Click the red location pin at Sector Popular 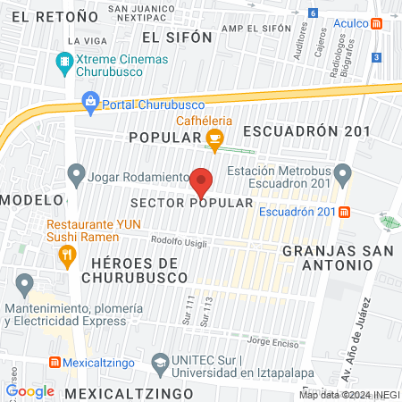pos(202,182)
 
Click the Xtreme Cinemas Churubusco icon pos(63,63)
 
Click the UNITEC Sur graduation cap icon pos(160,363)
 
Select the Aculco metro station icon pos(378,25)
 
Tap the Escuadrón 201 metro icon pos(344,212)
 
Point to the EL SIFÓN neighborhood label pos(177,38)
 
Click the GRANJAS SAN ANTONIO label pos(326,258)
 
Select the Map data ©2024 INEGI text pos(348,395)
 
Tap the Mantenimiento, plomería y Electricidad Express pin pos(24,286)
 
